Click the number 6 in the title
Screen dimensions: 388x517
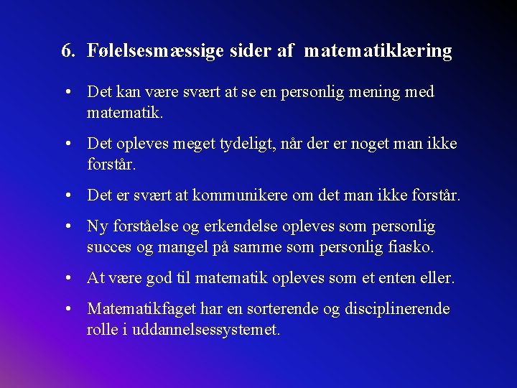click(67, 51)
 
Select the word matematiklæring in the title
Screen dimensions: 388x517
click(378, 52)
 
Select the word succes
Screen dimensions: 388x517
click(109, 248)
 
